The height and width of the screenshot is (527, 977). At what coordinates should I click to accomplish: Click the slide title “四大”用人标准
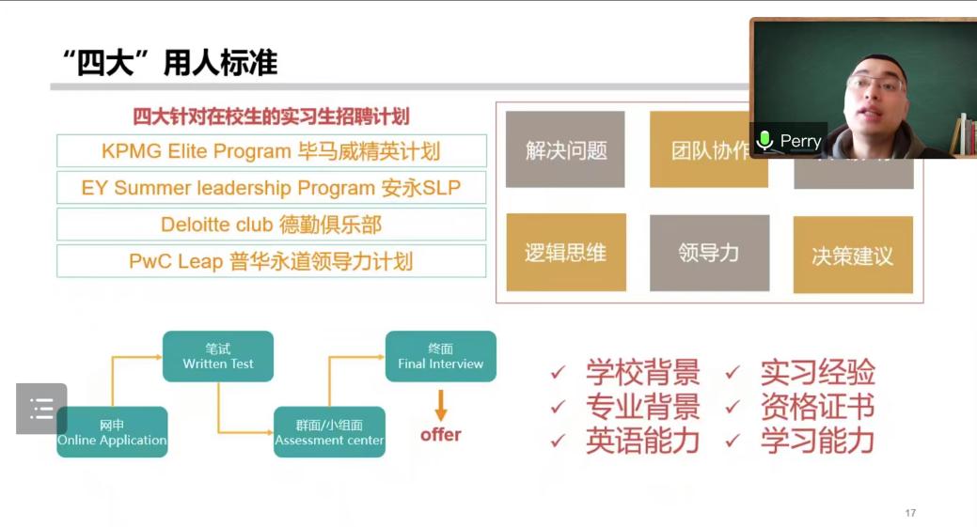pyautogui.click(x=168, y=63)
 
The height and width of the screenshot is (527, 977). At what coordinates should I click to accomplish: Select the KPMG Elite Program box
pyautogui.click(x=271, y=150)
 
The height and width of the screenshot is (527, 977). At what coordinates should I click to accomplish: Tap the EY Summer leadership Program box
pyautogui.click(x=271, y=187)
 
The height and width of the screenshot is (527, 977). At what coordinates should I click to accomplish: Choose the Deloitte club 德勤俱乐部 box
pyautogui.click(x=271, y=225)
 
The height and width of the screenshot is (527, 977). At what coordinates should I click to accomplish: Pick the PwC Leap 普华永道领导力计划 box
pyautogui.click(x=271, y=261)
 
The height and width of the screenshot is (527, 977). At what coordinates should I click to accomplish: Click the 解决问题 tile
pyautogui.click(x=565, y=149)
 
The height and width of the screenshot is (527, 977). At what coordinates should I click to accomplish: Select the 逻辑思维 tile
pyautogui.click(x=565, y=253)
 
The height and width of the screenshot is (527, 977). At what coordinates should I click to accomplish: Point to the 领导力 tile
pyautogui.click(x=709, y=253)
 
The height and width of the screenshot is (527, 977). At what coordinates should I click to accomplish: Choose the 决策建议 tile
pyautogui.click(x=853, y=255)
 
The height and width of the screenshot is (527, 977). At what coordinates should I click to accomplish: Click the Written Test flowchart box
pyautogui.click(x=218, y=356)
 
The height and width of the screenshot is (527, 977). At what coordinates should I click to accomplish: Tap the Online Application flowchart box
pyautogui.click(x=112, y=432)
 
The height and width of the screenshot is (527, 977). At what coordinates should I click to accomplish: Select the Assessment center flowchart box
pyautogui.click(x=329, y=432)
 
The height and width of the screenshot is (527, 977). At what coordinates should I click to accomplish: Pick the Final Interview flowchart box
pyautogui.click(x=440, y=356)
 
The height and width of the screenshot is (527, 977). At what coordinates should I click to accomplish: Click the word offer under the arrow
pyautogui.click(x=440, y=434)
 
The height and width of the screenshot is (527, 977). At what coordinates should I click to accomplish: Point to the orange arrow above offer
pyautogui.click(x=440, y=404)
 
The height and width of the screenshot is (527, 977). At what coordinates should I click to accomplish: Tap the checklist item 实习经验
pyautogui.click(x=817, y=372)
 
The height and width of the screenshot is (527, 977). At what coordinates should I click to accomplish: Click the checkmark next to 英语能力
pyautogui.click(x=559, y=441)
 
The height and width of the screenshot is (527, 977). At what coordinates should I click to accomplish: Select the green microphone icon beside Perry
pyautogui.click(x=765, y=141)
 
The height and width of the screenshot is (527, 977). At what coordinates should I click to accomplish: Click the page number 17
pyautogui.click(x=909, y=513)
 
